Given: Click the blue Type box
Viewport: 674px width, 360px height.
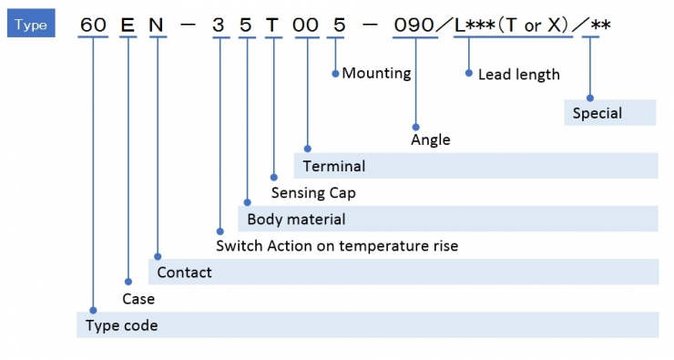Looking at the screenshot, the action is [x=31, y=23].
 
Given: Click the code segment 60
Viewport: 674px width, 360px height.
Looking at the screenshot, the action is [x=93, y=25].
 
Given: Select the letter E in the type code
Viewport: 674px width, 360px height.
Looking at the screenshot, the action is [x=128, y=25].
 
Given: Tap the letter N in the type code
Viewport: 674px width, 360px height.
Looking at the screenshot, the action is [x=156, y=25].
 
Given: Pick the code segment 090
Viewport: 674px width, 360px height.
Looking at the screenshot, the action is [x=414, y=25].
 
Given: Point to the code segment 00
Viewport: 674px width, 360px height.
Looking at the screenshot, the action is [x=305, y=25].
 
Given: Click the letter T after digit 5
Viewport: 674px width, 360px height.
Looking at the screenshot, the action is [x=272, y=25].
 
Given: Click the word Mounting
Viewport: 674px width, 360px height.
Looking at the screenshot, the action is [x=376, y=74].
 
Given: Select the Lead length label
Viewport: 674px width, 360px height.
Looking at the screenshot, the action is [x=519, y=75].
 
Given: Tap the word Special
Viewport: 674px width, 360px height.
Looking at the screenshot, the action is [x=597, y=113].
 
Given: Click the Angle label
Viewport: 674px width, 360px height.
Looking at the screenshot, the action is [x=430, y=139].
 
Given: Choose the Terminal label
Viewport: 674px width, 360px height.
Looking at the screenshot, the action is [x=334, y=166].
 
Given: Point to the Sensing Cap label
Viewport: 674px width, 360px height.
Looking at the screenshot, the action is [x=313, y=192].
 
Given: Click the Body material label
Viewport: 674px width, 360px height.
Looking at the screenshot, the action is [x=296, y=220].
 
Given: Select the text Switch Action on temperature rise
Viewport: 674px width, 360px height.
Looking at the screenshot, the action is [x=337, y=246].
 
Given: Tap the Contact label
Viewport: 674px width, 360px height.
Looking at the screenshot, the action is [x=184, y=273].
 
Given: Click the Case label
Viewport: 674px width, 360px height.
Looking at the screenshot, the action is [x=138, y=299].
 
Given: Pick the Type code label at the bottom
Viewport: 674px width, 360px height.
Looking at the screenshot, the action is [x=122, y=325].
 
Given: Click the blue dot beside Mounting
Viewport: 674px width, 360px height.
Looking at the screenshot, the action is [x=335, y=74].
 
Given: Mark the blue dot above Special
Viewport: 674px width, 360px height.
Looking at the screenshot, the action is [x=590, y=98].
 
